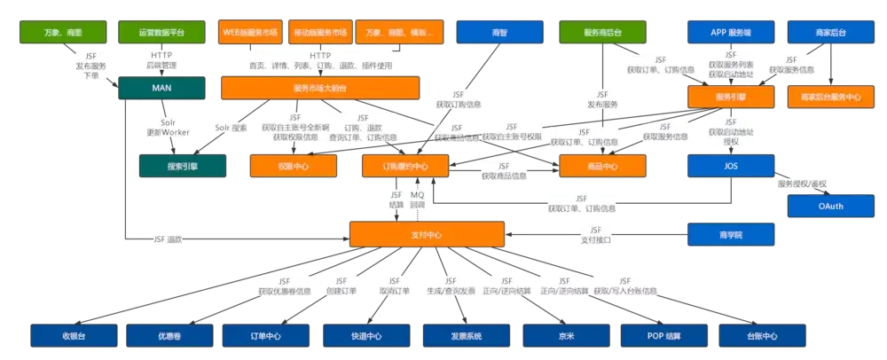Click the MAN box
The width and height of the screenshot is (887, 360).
click(x=161, y=89)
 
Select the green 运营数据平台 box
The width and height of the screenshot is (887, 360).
click(x=161, y=33)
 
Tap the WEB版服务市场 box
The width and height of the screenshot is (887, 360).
click(x=251, y=33)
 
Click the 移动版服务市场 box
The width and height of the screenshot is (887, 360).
click(x=320, y=33)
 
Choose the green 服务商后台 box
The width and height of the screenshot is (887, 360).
click(x=602, y=33)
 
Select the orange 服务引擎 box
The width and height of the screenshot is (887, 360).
click(x=730, y=97)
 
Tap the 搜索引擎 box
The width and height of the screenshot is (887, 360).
click(x=182, y=166)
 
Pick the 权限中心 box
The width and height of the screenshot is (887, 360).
click(x=294, y=166)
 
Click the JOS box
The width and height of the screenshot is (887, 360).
click(x=730, y=166)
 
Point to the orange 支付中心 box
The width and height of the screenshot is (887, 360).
click(x=427, y=235)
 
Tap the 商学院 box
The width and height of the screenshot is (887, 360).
click(x=730, y=235)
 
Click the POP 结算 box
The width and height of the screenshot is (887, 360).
click(x=664, y=336)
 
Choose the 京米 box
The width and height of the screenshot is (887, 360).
click(x=565, y=336)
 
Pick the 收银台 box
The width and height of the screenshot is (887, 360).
click(x=74, y=336)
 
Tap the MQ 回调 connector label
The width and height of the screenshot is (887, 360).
click(x=417, y=199)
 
